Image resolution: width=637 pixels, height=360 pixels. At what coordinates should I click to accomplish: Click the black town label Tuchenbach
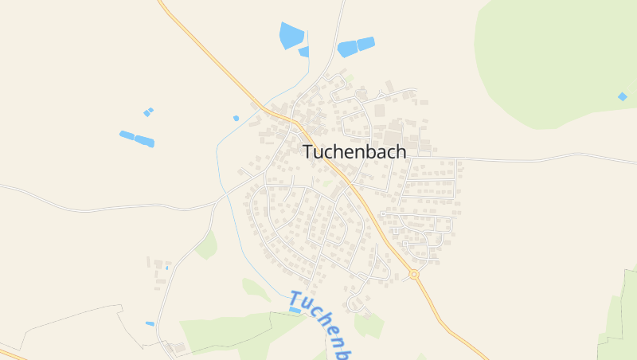[x=354, y=151]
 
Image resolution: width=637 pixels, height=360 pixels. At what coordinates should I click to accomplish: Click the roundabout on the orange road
[x=413, y=274]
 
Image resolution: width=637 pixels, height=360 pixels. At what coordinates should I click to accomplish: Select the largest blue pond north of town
[x=291, y=35]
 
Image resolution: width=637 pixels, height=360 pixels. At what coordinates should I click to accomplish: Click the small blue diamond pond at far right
[x=622, y=96]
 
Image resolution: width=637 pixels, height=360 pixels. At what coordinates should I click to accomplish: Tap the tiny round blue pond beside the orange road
[x=236, y=118]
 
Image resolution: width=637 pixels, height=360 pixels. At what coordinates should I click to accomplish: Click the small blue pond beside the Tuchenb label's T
[x=295, y=310]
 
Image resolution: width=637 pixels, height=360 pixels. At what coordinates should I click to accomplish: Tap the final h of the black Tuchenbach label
[x=400, y=151]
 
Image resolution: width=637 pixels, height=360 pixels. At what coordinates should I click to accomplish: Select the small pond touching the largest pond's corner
[x=304, y=52]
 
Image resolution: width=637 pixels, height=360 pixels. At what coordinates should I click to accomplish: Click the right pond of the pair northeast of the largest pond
[x=365, y=44]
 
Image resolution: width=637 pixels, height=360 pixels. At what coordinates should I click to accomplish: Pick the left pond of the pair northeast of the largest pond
[x=346, y=49]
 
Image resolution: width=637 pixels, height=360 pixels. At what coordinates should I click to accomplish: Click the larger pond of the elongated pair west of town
[x=144, y=141]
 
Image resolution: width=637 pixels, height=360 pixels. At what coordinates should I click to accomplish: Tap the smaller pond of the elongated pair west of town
[x=127, y=135]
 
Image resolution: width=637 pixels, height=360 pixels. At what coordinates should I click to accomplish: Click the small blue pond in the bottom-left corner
[x=150, y=323]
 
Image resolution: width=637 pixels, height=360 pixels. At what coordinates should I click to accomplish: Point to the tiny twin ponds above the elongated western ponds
[x=148, y=112]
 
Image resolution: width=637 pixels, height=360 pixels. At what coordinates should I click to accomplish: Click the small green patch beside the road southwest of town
[x=208, y=245]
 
